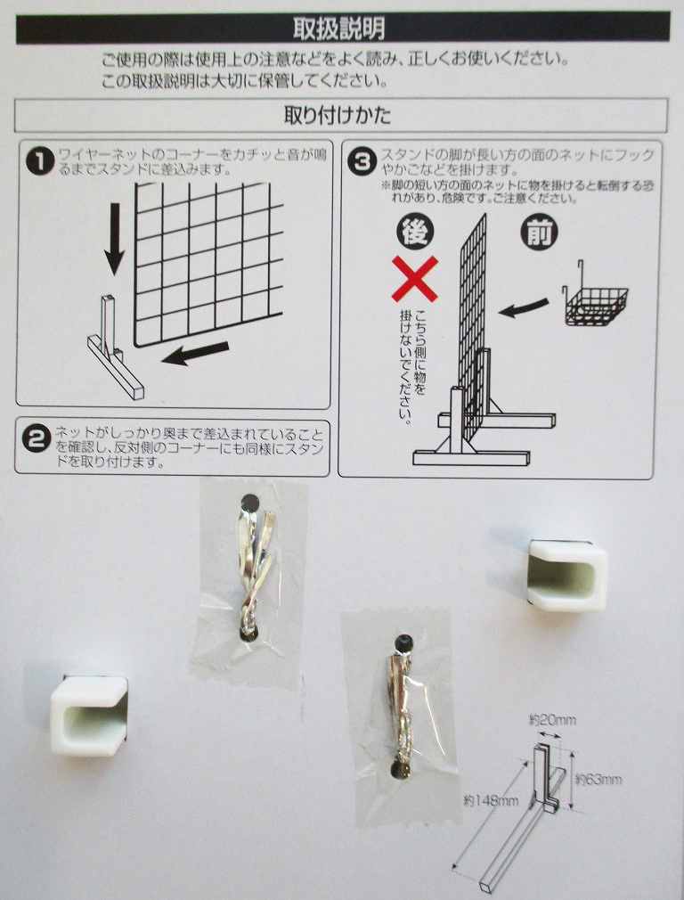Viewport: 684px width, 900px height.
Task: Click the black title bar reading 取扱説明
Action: (343, 29)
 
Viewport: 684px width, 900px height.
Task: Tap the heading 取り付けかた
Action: (338, 115)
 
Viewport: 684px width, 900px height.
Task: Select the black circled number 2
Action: (37, 440)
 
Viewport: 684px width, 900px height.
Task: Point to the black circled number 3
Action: (362, 161)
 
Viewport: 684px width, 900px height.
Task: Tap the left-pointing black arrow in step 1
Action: (196, 354)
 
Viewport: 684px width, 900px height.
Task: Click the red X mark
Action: (415, 279)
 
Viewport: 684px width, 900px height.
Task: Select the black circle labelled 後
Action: (415, 233)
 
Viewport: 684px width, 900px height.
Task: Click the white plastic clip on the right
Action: (567, 575)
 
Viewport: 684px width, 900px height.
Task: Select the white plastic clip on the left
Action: (89, 714)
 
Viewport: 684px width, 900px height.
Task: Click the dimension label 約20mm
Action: (552, 720)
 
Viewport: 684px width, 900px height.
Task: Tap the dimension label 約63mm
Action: (598, 780)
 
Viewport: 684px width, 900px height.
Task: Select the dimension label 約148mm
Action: (491, 799)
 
